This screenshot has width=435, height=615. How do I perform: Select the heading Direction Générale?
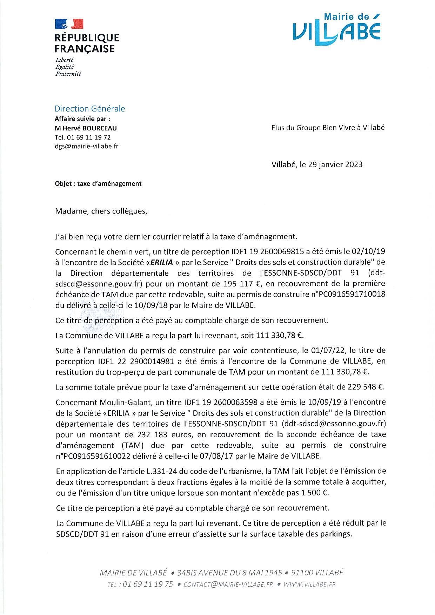click(90, 109)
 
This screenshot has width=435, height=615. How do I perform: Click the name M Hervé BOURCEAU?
click(86, 128)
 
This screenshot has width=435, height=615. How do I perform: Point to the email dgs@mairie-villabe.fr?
click(86, 146)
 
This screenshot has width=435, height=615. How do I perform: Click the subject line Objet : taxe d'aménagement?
click(98, 183)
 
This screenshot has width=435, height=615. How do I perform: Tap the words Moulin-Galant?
click(119, 402)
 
